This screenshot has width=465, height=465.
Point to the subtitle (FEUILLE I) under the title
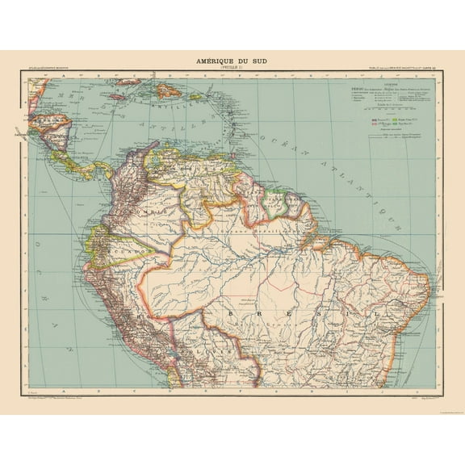(232, 68)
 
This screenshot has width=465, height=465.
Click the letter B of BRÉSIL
(231, 311)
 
